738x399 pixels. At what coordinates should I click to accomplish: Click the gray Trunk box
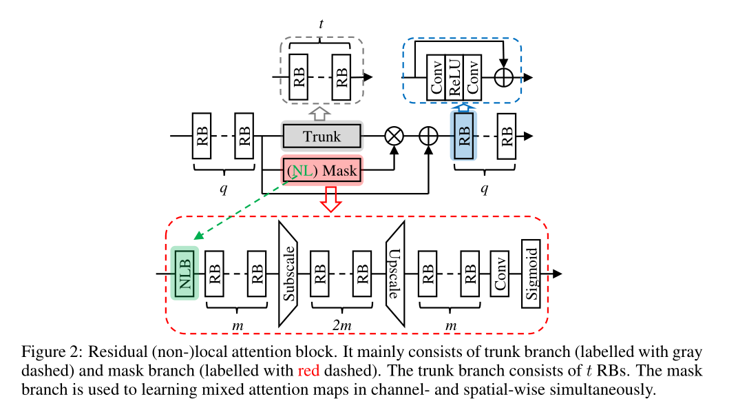point(321,136)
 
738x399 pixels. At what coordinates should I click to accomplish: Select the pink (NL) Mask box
point(321,170)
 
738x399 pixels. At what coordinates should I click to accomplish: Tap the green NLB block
point(184,273)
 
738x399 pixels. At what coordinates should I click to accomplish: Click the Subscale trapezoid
point(289,274)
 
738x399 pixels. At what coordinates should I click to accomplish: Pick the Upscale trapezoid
point(394,274)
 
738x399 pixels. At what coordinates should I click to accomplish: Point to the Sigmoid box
point(530,274)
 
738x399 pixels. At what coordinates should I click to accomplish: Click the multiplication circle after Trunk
point(393,136)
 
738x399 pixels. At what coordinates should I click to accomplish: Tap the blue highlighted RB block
point(463,136)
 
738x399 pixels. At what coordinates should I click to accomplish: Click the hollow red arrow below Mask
point(332,198)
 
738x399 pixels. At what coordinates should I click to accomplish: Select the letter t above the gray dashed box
point(321,23)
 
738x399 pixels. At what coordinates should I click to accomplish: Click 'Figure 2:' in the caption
point(51,353)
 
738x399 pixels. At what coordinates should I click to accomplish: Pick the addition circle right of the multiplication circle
point(429,136)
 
